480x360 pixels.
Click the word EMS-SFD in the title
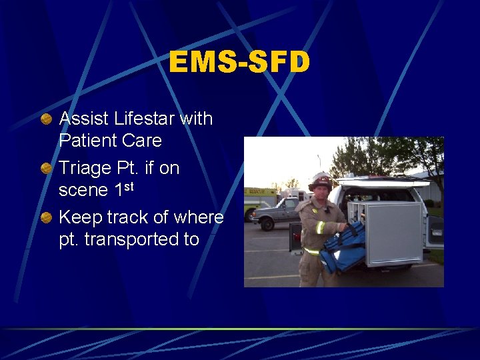coord(239,63)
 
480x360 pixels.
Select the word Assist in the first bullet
coord(84,119)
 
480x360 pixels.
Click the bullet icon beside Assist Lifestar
coord(46,119)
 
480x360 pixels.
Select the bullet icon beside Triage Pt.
coord(46,169)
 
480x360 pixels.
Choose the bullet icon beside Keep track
coord(46,218)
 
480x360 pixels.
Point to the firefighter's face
coord(321,192)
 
